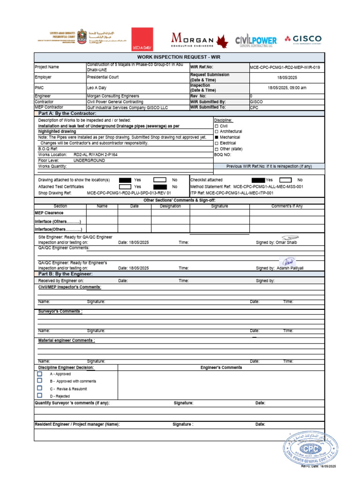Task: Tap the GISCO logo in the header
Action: (x=303, y=39)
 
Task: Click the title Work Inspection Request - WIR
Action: (x=179, y=57)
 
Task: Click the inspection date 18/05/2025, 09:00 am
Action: (x=287, y=88)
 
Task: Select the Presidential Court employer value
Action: (x=103, y=77)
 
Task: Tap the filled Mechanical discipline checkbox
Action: (x=217, y=137)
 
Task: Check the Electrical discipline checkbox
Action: (x=217, y=143)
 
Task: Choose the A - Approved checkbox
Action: (x=40, y=374)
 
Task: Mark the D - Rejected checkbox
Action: (x=40, y=396)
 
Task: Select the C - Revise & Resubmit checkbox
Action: (x=40, y=389)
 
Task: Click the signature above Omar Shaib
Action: (x=290, y=238)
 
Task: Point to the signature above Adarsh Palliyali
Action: (x=288, y=262)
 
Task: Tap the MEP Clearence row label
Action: (x=49, y=212)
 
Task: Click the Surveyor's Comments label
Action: (x=60, y=311)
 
